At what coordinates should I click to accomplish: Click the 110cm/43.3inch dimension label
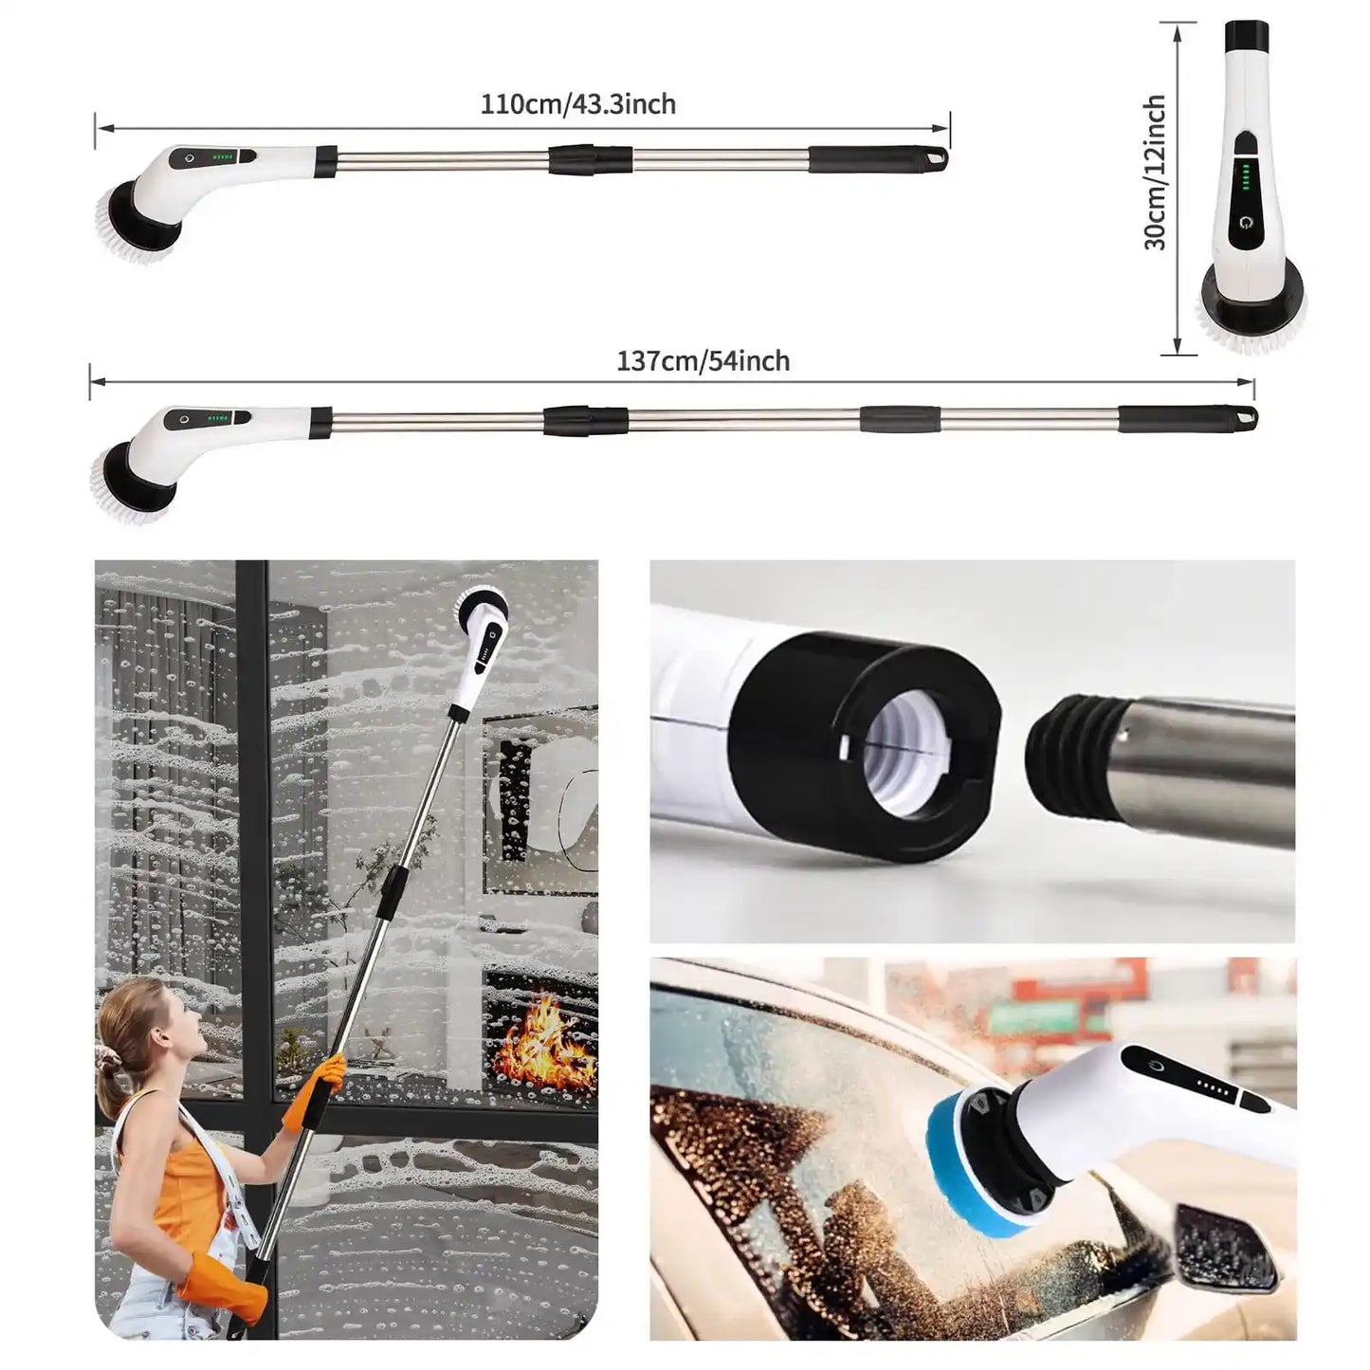tap(578, 104)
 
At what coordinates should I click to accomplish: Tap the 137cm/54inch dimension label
tap(703, 361)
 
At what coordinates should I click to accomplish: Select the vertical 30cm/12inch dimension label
tap(1155, 173)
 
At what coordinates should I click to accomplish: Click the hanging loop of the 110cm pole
tap(938, 158)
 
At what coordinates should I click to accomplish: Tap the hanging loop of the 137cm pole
tap(1246, 416)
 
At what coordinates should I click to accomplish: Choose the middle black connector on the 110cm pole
tap(590, 159)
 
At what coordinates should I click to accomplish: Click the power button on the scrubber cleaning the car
tap(1152, 1066)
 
